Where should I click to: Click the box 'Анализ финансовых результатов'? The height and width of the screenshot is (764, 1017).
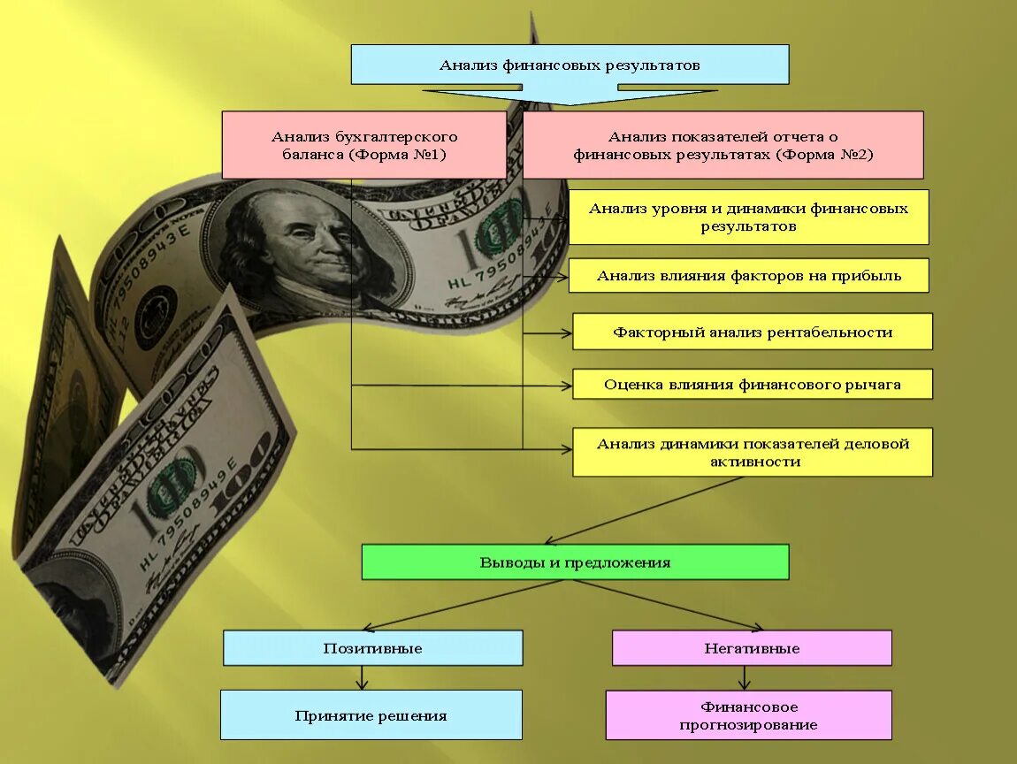point(570,65)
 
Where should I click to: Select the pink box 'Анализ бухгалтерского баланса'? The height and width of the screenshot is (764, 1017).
point(363,145)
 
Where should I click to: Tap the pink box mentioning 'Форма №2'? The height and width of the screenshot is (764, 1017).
point(723,145)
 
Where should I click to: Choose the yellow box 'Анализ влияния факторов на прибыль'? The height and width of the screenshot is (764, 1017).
point(748,276)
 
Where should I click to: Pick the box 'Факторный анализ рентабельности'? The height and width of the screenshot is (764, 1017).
point(752,332)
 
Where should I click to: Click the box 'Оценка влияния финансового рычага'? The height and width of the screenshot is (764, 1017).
point(752,385)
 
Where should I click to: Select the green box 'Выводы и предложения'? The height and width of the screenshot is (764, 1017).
point(575,562)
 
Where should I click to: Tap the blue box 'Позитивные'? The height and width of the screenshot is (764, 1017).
point(372,648)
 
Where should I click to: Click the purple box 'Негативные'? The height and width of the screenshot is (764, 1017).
point(752,648)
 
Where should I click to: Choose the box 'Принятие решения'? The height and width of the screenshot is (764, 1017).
point(371,715)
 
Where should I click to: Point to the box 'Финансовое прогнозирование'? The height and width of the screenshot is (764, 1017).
point(748,715)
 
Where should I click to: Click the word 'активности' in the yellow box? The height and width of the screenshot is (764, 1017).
point(754,462)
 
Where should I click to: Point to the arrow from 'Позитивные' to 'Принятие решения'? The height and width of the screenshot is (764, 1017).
point(363,677)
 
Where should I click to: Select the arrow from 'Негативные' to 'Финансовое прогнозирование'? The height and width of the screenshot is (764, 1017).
point(744,677)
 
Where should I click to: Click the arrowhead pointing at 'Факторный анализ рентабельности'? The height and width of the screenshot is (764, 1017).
point(566,332)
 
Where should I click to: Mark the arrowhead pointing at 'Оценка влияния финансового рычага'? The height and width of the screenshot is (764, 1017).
point(566,386)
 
